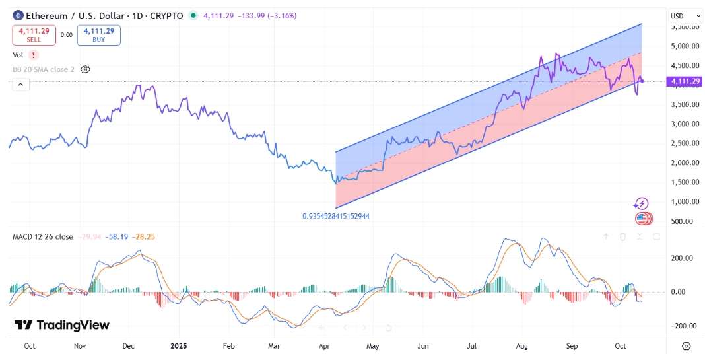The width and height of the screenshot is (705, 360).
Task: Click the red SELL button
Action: click(x=34, y=35)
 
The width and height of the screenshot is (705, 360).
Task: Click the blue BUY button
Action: click(x=99, y=35)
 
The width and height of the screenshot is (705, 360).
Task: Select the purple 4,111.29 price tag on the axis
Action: click(x=685, y=81)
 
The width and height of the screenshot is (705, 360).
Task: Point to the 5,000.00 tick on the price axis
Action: click(x=685, y=46)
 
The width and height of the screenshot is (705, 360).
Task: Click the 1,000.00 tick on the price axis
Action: click(x=685, y=201)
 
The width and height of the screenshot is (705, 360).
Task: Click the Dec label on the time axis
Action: click(x=129, y=346)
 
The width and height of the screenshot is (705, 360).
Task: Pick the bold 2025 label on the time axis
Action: click(x=180, y=346)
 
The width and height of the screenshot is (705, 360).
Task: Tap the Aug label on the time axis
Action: click(x=522, y=346)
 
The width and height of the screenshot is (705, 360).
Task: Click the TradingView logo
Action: click(x=62, y=325)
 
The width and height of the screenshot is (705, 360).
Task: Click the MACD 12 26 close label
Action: click(x=43, y=236)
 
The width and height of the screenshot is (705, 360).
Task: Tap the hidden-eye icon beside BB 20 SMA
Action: click(x=85, y=69)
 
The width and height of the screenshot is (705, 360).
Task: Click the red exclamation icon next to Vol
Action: click(x=34, y=55)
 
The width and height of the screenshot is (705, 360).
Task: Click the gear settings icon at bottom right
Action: click(x=687, y=346)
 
